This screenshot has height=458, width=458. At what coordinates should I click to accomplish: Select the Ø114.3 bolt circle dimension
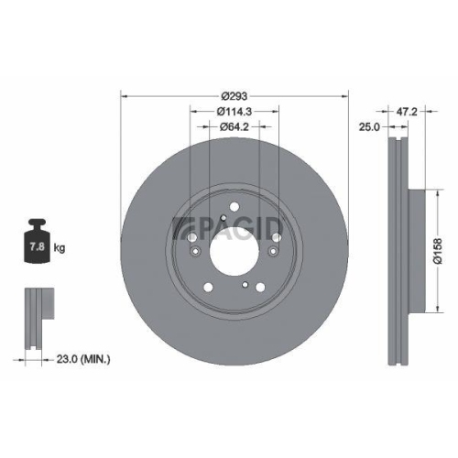pos(234,113)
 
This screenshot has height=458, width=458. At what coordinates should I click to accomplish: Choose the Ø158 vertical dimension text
pos(438,248)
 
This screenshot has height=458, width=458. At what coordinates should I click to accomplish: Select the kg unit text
pos(60,248)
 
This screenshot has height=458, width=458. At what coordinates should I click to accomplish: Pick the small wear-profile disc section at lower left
pos(36,319)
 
